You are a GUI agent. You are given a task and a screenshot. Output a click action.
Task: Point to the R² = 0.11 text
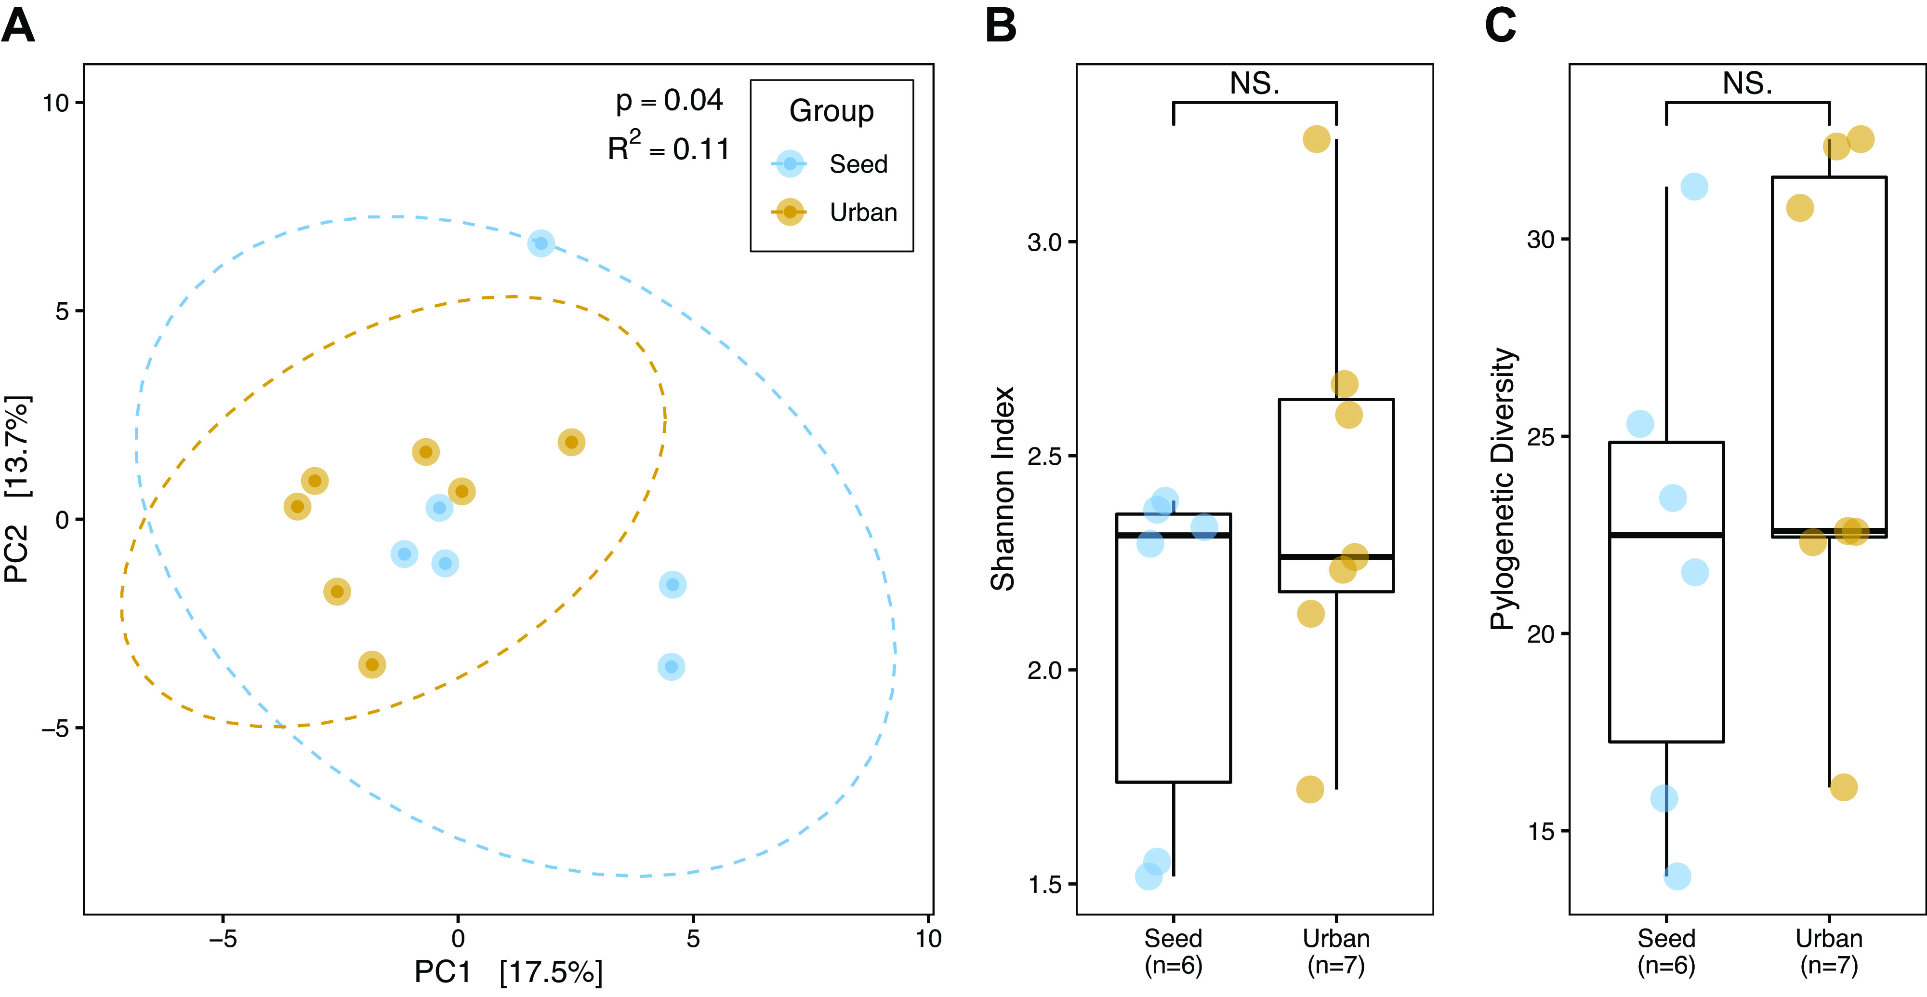point(668,148)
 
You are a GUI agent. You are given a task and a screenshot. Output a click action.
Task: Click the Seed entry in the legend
point(858,164)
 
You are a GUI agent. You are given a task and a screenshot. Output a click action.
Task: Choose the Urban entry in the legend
point(862,213)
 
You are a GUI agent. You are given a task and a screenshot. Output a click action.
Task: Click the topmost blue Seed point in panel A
point(541,243)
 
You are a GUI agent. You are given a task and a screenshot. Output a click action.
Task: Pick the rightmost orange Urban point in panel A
point(571,443)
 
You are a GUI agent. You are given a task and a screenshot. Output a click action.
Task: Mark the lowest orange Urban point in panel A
point(372,665)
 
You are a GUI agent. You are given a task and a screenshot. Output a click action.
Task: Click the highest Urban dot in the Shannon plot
point(1317,139)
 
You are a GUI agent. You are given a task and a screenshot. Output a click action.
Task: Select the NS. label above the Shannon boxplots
point(1254,83)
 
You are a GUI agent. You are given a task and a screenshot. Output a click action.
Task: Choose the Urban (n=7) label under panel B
point(1336,951)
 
